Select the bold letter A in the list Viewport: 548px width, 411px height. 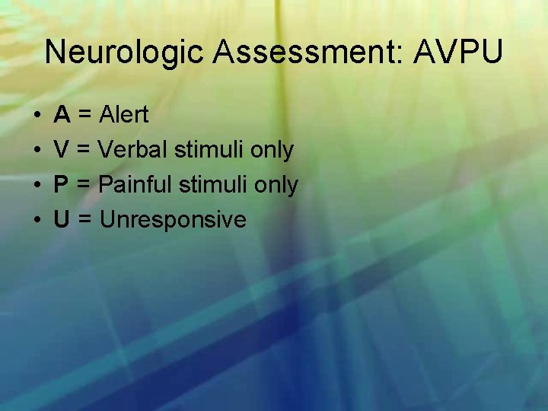click(x=62, y=116)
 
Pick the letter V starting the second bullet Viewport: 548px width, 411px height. click(x=62, y=151)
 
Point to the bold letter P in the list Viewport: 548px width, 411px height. click(x=62, y=185)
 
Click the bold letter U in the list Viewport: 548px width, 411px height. click(x=62, y=220)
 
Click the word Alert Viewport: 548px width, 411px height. click(x=124, y=116)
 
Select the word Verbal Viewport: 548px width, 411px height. click(x=134, y=151)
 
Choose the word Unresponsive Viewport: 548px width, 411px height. click(x=173, y=220)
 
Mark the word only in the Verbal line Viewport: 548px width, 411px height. click(x=272, y=151)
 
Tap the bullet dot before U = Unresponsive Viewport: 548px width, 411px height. click(x=37, y=221)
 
